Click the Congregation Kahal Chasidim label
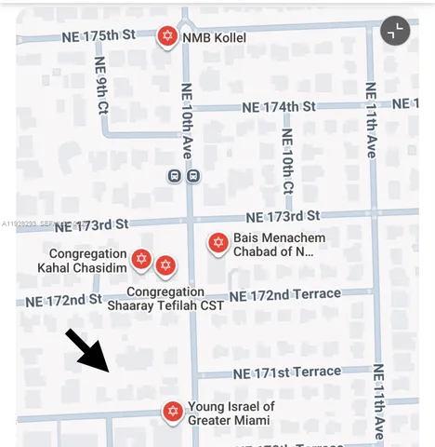pos(87,261)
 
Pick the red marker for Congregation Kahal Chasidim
pos(141,259)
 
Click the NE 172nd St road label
pos(63,300)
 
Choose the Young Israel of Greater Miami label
pos(231,413)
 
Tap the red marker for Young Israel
pos(172,412)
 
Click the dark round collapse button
pos(395,31)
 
